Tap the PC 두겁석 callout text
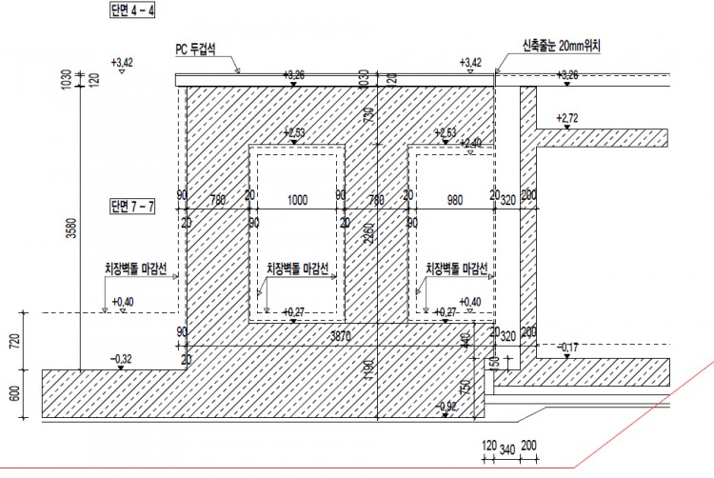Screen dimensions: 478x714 click(x=201, y=47)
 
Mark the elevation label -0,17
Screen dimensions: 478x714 click(x=568, y=346)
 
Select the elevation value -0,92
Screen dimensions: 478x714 click(x=446, y=407)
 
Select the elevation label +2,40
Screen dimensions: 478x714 click(x=470, y=143)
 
